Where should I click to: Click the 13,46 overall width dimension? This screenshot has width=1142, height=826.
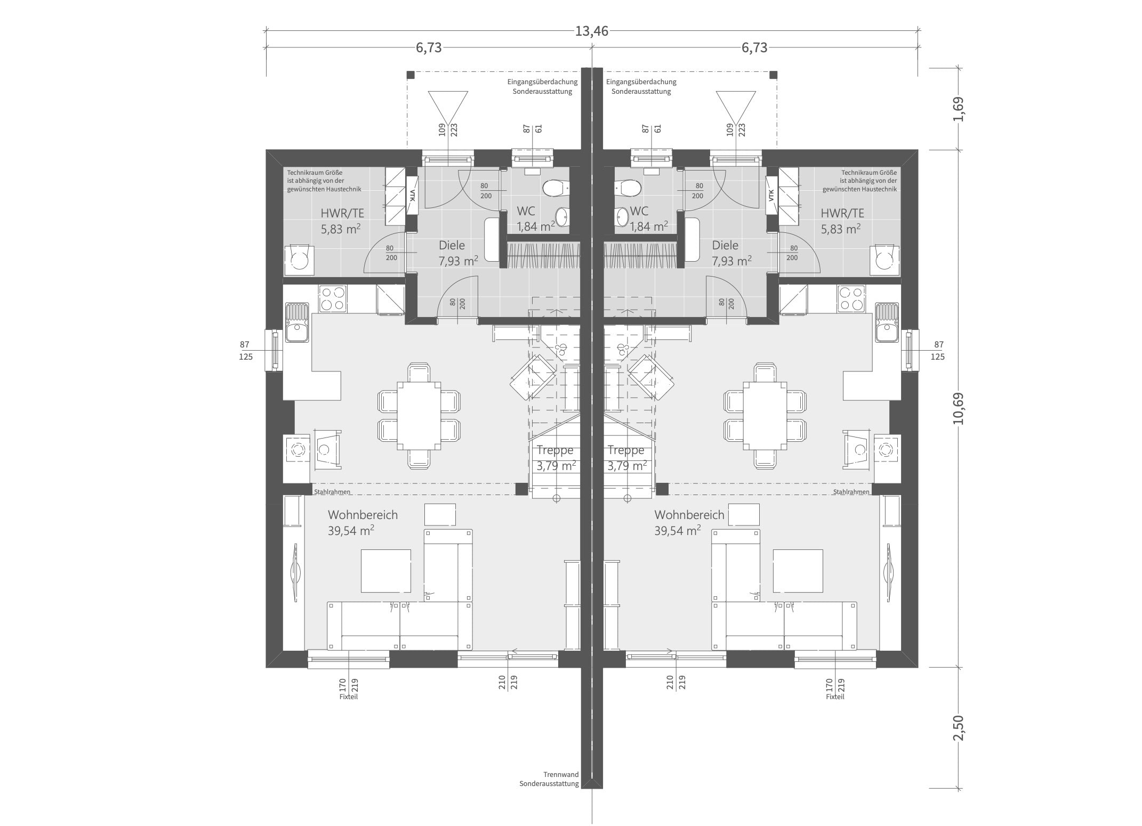591,31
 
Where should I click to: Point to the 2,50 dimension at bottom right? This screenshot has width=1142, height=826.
959,728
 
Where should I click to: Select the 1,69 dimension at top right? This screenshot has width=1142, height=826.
959,109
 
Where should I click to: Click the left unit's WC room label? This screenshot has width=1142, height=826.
526,211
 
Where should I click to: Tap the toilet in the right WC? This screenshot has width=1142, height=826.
628,188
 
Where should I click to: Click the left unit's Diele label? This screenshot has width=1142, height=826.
452,245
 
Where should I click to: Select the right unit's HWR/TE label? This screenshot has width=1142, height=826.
842,213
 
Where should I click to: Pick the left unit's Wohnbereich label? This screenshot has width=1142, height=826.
363,515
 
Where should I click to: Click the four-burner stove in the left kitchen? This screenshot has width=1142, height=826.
333,298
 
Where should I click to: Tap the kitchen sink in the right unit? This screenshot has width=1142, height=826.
886,322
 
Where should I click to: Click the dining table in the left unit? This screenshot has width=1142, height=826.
419,416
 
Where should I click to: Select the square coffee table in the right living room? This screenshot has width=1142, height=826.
798,571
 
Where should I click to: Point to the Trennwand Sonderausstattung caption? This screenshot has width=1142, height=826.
549,779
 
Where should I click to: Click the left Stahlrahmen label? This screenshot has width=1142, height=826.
332,492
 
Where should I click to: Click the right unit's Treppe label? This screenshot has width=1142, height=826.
626,450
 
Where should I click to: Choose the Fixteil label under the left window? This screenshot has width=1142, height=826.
349,697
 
